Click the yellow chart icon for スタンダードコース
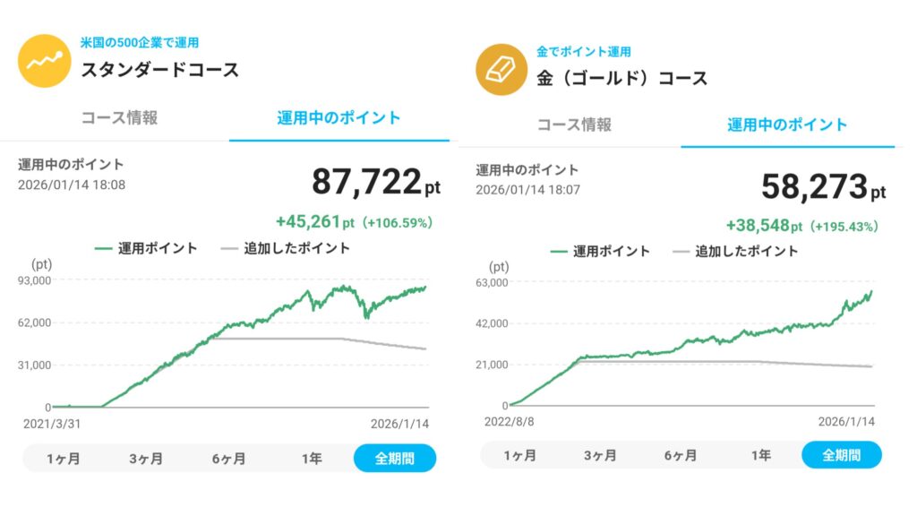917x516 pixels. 45,61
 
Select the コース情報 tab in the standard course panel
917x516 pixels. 120,117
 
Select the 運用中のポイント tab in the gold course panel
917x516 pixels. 787,125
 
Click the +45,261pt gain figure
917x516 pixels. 316,221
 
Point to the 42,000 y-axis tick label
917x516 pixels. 492,323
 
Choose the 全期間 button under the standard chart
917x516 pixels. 394,459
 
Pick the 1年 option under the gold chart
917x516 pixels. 760,455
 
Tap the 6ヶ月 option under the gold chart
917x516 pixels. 681,455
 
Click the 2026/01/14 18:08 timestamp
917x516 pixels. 72,185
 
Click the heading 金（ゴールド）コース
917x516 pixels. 622,78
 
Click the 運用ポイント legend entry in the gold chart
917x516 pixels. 600,252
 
